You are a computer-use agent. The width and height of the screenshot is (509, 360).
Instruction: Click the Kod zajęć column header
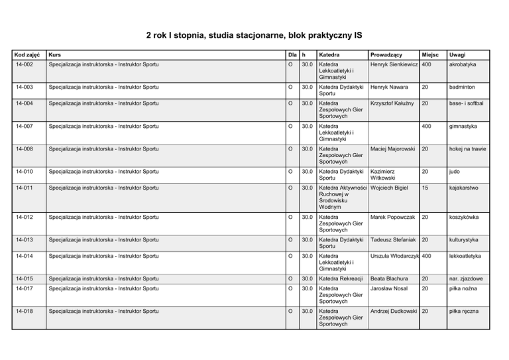coord(27,55)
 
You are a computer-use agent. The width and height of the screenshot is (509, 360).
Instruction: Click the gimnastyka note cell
coord(464,126)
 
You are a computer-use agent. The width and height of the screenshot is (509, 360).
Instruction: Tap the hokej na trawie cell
coord(468,149)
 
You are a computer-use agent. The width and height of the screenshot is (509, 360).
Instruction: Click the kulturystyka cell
coord(467,239)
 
